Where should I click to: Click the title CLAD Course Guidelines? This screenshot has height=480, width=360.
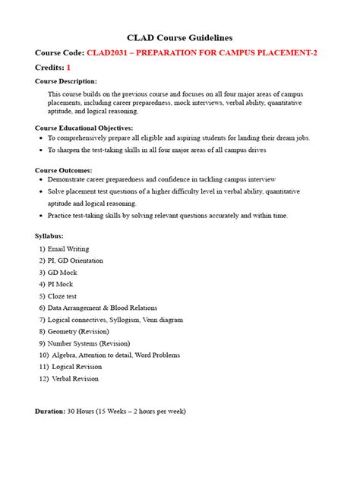coord(179,37)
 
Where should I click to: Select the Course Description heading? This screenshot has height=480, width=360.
coord(66,81)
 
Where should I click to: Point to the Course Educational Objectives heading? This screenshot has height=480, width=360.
coord(84,128)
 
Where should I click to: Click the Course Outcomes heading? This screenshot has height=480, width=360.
coord(64,170)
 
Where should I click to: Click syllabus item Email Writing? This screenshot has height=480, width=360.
coord(68,248)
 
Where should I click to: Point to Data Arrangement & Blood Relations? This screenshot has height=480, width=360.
coord(102,308)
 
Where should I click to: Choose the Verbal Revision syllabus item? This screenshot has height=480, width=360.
coord(75,379)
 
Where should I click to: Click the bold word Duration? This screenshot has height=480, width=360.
coord(50,411)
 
